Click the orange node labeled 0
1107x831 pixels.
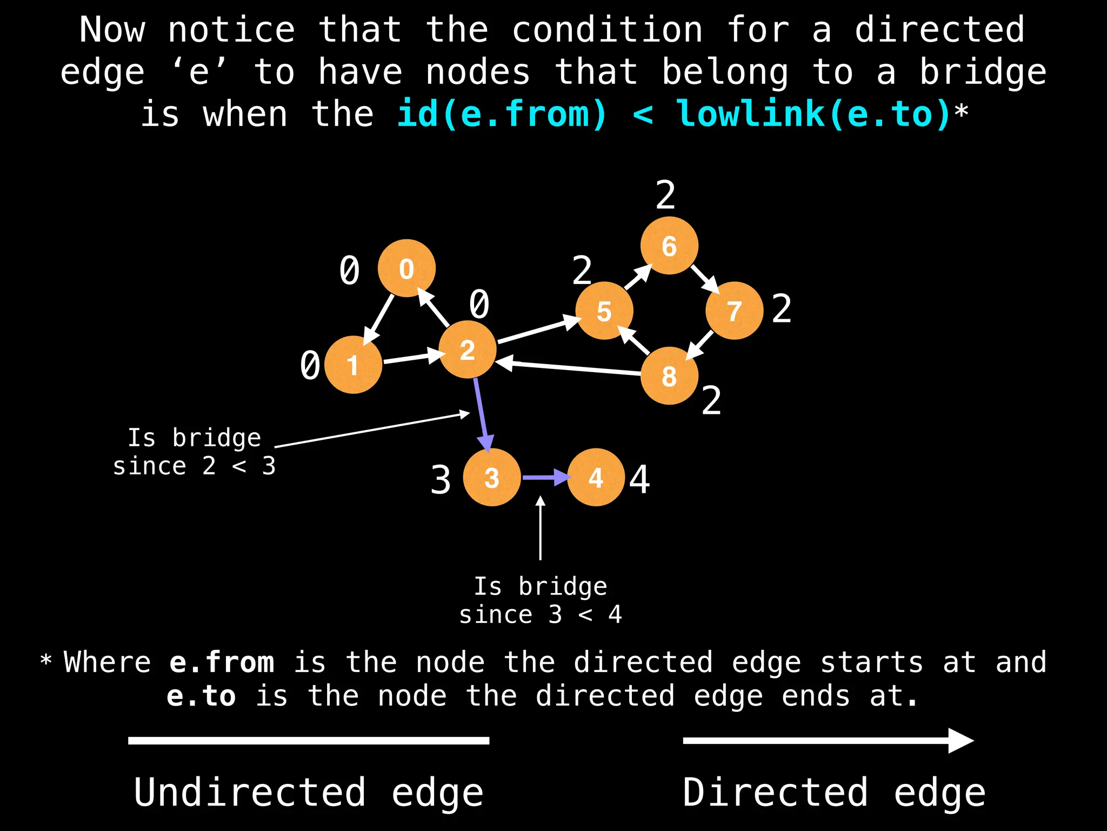(x=406, y=268)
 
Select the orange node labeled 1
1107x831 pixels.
(x=353, y=365)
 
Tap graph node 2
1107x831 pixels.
(x=467, y=349)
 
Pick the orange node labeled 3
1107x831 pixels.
(x=492, y=477)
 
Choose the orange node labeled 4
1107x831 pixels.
(x=596, y=477)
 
